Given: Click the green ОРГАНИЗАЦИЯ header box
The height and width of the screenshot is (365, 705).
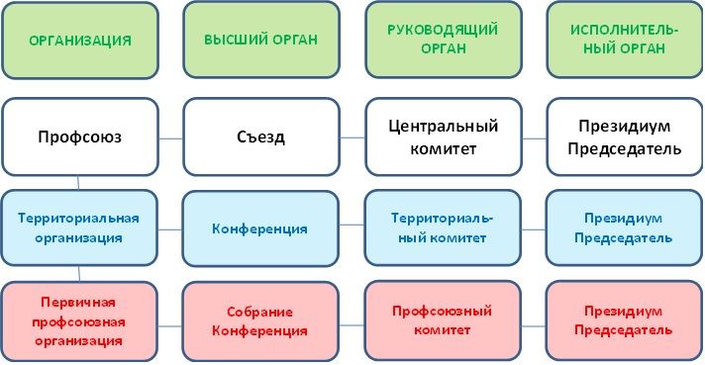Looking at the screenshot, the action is pyautogui.click(x=80, y=41).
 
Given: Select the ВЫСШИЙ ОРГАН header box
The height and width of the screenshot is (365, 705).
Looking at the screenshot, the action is pyautogui.click(x=260, y=41).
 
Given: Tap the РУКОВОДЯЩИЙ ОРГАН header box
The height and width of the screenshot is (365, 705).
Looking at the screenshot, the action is pyautogui.click(x=443, y=41).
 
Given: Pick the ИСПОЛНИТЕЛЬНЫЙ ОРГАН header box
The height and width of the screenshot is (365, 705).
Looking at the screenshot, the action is pyautogui.click(x=624, y=41).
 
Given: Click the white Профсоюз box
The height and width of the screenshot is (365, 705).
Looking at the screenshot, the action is pyautogui.click(x=80, y=137).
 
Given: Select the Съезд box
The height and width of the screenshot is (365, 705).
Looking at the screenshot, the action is pyautogui.click(x=261, y=137).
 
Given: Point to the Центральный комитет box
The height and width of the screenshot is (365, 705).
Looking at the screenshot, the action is pyautogui.click(x=443, y=137).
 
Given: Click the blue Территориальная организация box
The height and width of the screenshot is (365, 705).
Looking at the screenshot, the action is pyautogui.click(x=80, y=228).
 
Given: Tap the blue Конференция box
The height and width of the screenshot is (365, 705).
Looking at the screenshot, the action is pyautogui.click(x=261, y=228).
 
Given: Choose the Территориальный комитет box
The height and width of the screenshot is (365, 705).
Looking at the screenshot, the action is pyautogui.click(x=443, y=228).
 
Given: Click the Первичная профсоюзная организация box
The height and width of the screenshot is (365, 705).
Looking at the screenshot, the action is pyautogui.click(x=80, y=320).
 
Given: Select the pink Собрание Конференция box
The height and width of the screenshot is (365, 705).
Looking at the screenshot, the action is pyautogui.click(x=261, y=320).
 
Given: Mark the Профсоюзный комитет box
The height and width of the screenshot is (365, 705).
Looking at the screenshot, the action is pyautogui.click(x=443, y=320).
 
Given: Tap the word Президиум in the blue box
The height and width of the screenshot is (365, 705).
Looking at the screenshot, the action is pyautogui.click(x=624, y=218).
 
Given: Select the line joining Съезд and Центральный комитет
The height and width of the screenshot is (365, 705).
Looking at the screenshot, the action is pyautogui.click(x=352, y=137).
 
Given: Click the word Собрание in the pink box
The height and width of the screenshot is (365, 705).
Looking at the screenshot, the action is pyautogui.click(x=261, y=311).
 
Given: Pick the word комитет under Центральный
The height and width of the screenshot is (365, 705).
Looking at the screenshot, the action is pyautogui.click(x=443, y=148).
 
